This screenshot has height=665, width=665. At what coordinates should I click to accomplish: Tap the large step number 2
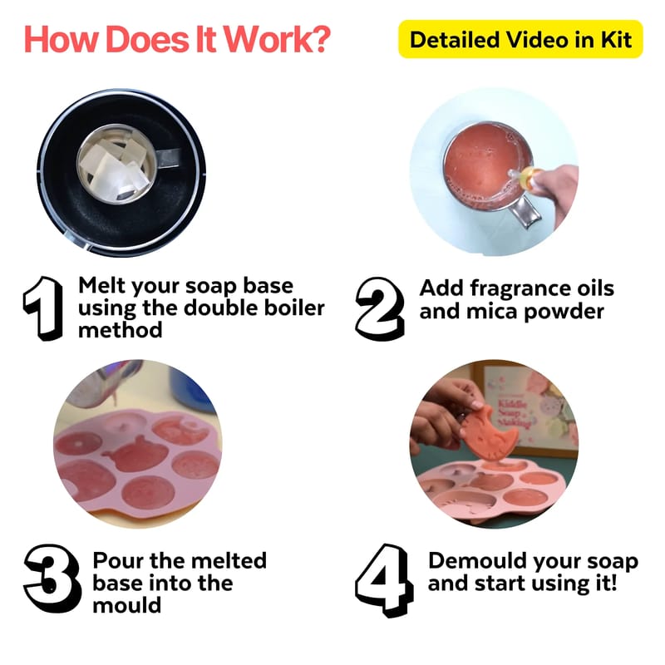click(380, 308)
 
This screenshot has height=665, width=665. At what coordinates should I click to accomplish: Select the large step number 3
click(52, 579)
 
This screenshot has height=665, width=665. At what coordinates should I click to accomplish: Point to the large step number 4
click(384, 579)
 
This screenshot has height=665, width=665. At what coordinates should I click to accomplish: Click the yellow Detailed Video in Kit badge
click(520, 39)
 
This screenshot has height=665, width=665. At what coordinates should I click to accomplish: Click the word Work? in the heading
click(277, 39)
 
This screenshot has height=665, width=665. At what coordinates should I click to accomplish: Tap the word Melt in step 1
click(102, 285)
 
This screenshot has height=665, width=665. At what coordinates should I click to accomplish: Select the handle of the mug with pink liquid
click(527, 212)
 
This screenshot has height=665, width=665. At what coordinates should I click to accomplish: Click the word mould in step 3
click(127, 605)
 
